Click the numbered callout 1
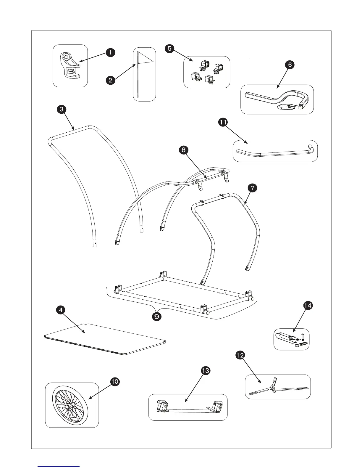110,53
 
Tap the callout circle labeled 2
110,80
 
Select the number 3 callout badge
61,109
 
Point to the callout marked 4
61,310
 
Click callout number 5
169,48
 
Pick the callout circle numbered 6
290,65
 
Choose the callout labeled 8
183,150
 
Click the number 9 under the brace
156,317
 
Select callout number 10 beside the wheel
115,382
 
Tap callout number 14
308,305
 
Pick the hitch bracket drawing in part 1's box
70,65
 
